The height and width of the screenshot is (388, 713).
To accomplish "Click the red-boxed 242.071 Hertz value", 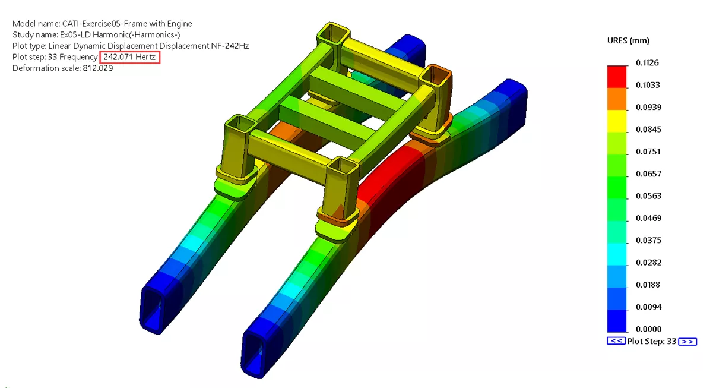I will pos(129,57).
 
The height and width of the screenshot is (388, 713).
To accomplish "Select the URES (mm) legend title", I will pos(628,40).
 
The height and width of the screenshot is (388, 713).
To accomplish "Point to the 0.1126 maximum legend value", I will pos(648,63).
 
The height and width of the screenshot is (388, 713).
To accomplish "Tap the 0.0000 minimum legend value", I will pos(648,329).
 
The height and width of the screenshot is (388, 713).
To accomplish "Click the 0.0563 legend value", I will pos(648,196).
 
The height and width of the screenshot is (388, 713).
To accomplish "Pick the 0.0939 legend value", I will pos(648,107).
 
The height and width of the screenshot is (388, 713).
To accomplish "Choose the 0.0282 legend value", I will pos(648,263).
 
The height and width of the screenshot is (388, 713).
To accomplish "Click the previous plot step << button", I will pos(616,342).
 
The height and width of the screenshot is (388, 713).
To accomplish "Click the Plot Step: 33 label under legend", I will pos(652,342).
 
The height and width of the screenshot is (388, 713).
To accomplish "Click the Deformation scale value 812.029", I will pos(97,68).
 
